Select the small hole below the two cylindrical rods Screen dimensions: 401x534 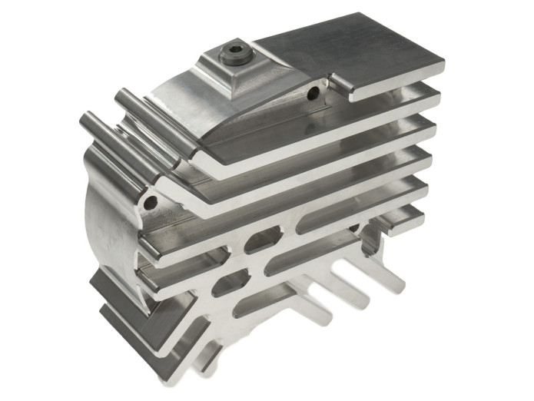tap(150, 202)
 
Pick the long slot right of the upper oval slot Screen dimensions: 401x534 tap(338, 219)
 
